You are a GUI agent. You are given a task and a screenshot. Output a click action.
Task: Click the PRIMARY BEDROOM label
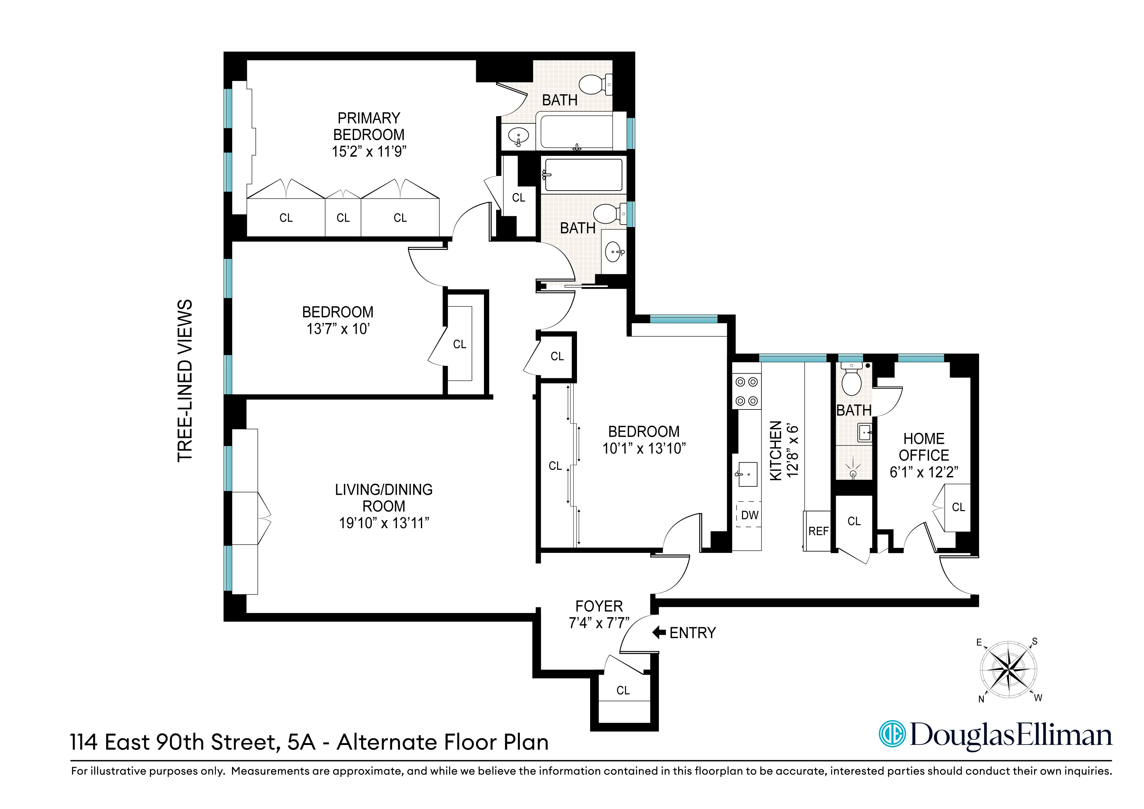(369, 126)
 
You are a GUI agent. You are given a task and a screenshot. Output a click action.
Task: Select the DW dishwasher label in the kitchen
(749, 515)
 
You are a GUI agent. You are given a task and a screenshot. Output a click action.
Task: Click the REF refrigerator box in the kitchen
(818, 531)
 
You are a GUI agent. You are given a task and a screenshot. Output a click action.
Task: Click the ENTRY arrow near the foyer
(659, 633)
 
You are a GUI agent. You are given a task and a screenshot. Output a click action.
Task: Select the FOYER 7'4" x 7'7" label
(599, 614)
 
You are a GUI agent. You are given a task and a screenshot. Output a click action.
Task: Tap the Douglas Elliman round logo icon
(891, 734)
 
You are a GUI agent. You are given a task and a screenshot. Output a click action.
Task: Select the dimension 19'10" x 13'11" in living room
(384, 523)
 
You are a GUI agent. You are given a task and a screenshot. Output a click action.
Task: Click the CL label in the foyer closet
(623, 690)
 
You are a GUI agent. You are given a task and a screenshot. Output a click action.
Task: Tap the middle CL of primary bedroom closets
(343, 218)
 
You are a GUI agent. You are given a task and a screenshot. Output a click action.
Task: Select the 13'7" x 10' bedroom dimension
(338, 329)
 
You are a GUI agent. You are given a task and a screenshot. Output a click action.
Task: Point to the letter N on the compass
(981, 699)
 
